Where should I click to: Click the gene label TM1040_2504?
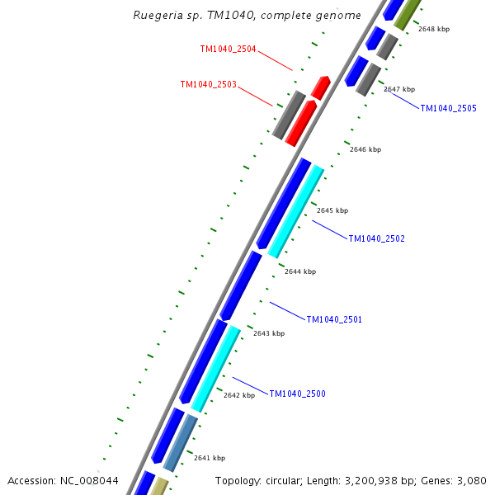pos(228,49)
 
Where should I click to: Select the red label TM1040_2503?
pos(209,84)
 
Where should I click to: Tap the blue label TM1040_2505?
pos(448,108)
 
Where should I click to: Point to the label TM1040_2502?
pos(376,238)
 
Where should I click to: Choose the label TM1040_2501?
pos(334,319)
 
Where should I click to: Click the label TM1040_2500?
pos(297,394)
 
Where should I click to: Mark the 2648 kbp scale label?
pos(434,29)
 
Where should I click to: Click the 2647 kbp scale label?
pos(399,89)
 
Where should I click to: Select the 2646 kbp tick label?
pos(365,149)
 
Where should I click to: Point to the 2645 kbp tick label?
pos(332,210)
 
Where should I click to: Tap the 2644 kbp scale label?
pos(299,271)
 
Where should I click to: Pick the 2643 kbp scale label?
pos(269,333)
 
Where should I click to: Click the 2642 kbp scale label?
pos(239,395)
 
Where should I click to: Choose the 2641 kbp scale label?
pos(210,458)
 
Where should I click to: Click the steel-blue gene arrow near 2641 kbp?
pos(181,443)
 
